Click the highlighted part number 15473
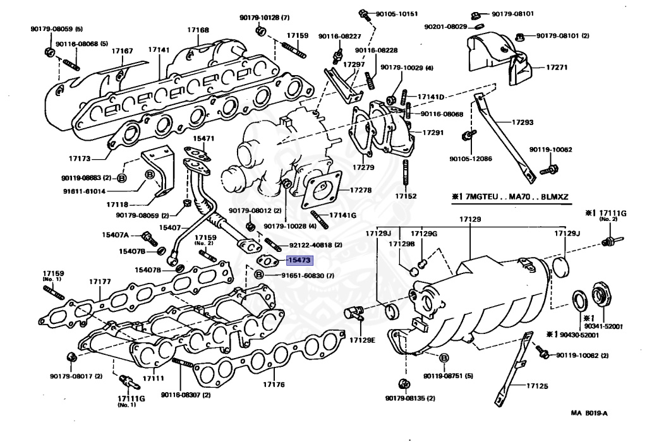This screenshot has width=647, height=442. [299, 260]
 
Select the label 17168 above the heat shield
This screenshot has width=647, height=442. [198, 30]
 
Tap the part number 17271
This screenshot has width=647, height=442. [557, 67]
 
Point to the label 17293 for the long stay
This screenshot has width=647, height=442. [523, 122]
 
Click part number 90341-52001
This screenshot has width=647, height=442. [603, 326]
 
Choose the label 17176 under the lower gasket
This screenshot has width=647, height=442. [274, 385]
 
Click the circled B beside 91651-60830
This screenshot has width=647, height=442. [258, 275]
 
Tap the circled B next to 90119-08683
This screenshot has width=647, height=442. [122, 178]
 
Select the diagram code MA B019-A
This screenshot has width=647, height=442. [590, 413]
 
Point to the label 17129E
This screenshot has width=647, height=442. [362, 340]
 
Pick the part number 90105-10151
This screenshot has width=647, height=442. [397, 14]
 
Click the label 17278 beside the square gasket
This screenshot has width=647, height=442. [361, 190]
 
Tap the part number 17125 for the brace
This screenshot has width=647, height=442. [537, 386]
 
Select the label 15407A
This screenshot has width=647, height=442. [116, 235]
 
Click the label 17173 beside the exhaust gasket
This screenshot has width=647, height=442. [80, 158]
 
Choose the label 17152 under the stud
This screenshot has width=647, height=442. [406, 196]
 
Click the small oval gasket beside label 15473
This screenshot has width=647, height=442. [267, 261]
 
